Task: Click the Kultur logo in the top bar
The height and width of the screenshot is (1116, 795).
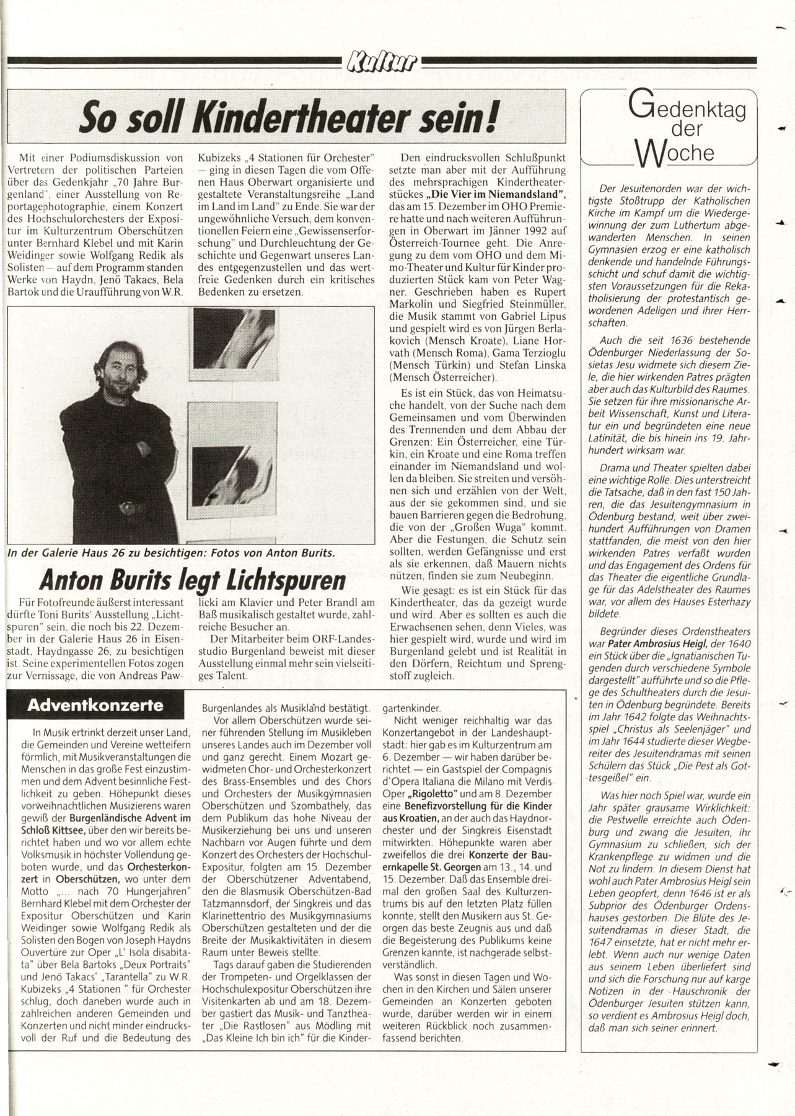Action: tap(382, 62)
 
